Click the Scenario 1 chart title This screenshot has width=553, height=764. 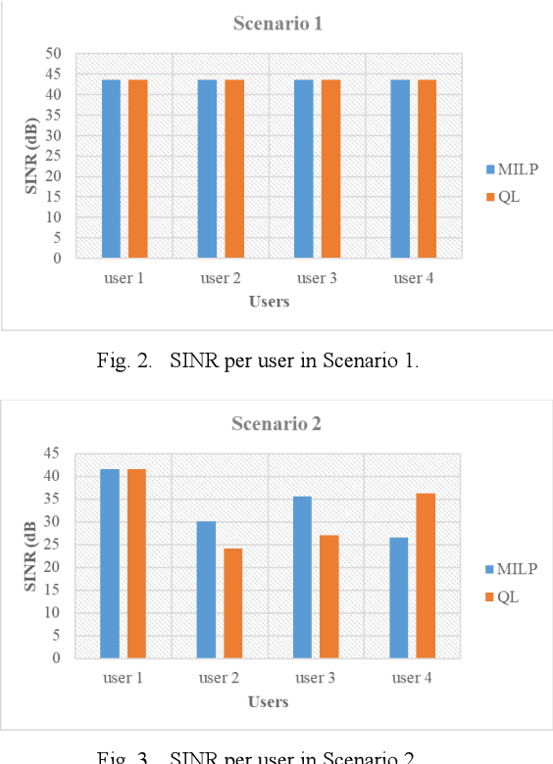276,23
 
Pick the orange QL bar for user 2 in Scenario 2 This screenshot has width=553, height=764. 233,603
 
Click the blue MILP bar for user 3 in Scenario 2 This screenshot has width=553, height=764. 302,577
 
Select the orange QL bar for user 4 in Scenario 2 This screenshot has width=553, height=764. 426,576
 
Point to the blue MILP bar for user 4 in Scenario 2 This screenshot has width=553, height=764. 398,597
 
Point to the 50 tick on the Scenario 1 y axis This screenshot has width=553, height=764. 53,54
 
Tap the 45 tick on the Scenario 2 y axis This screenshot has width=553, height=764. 53,454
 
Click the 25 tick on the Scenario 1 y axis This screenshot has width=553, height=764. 53,156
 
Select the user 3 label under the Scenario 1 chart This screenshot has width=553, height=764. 317,279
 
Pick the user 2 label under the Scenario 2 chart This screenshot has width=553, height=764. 221,679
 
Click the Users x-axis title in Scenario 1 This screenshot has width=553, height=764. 269,302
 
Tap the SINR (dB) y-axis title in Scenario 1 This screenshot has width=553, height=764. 31,156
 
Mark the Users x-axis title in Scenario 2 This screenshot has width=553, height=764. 269,701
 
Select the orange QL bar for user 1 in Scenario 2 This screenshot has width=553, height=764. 137,563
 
